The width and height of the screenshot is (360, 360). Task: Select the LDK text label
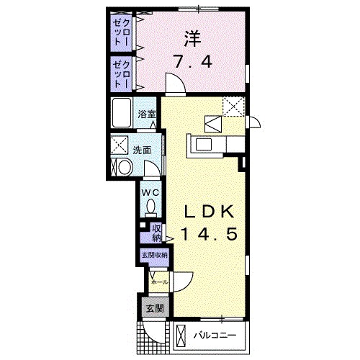[208, 212]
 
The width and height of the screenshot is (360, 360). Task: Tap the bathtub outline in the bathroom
[122, 113]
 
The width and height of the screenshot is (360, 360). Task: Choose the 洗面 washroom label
[141, 150]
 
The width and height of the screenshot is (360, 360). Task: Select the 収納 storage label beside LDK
[156, 233]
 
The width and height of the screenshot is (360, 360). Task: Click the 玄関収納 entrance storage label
[154, 255]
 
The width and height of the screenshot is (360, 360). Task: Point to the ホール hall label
[159, 282]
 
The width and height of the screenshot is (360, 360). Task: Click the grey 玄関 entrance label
[154, 307]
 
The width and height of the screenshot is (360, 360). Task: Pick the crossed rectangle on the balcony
[183, 336]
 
